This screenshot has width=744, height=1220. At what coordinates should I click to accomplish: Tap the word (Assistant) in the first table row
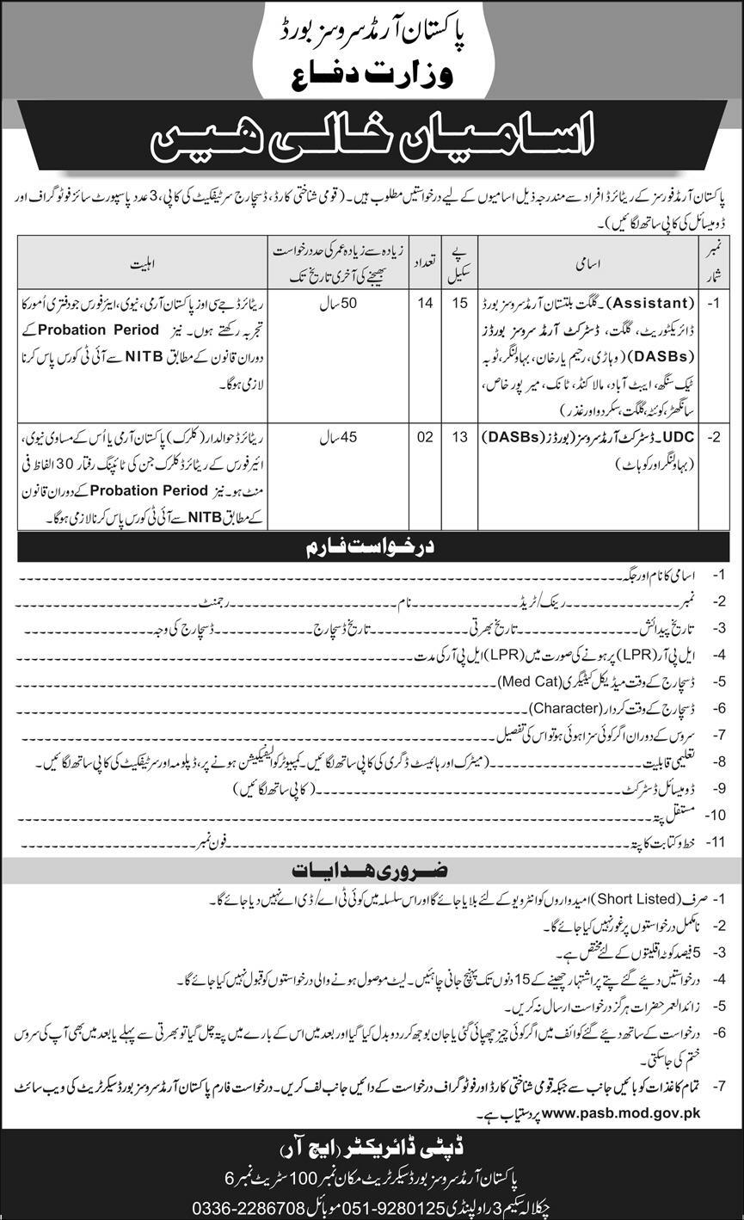pyautogui.click(x=651, y=303)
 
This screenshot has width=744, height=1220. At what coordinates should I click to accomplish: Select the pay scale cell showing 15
pyautogui.click(x=461, y=303)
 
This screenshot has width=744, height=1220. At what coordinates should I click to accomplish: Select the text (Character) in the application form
pyautogui.click(x=563, y=709)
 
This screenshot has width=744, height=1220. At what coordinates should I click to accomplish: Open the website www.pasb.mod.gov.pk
pyautogui.click(x=621, y=1112)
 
